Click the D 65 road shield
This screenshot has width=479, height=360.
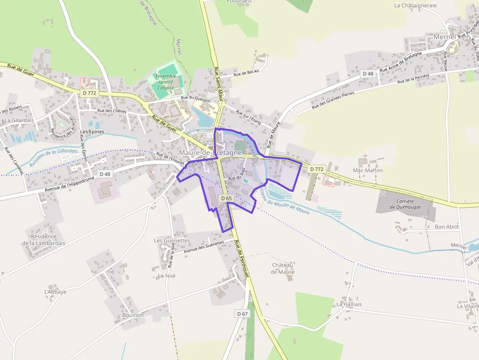[226, 198]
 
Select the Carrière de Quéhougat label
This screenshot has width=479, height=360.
[402, 204]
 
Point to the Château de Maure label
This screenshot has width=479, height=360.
[283, 268]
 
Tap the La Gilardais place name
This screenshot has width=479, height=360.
[19, 120]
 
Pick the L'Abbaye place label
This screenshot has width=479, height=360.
[55, 292]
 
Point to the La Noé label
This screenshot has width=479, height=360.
[166, 275]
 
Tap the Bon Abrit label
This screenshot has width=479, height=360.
[446, 227]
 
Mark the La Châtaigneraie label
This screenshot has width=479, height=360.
[415, 5]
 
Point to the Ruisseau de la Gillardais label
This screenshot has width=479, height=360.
[53, 157]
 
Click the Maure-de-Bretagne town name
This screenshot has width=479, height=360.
[214, 153]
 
